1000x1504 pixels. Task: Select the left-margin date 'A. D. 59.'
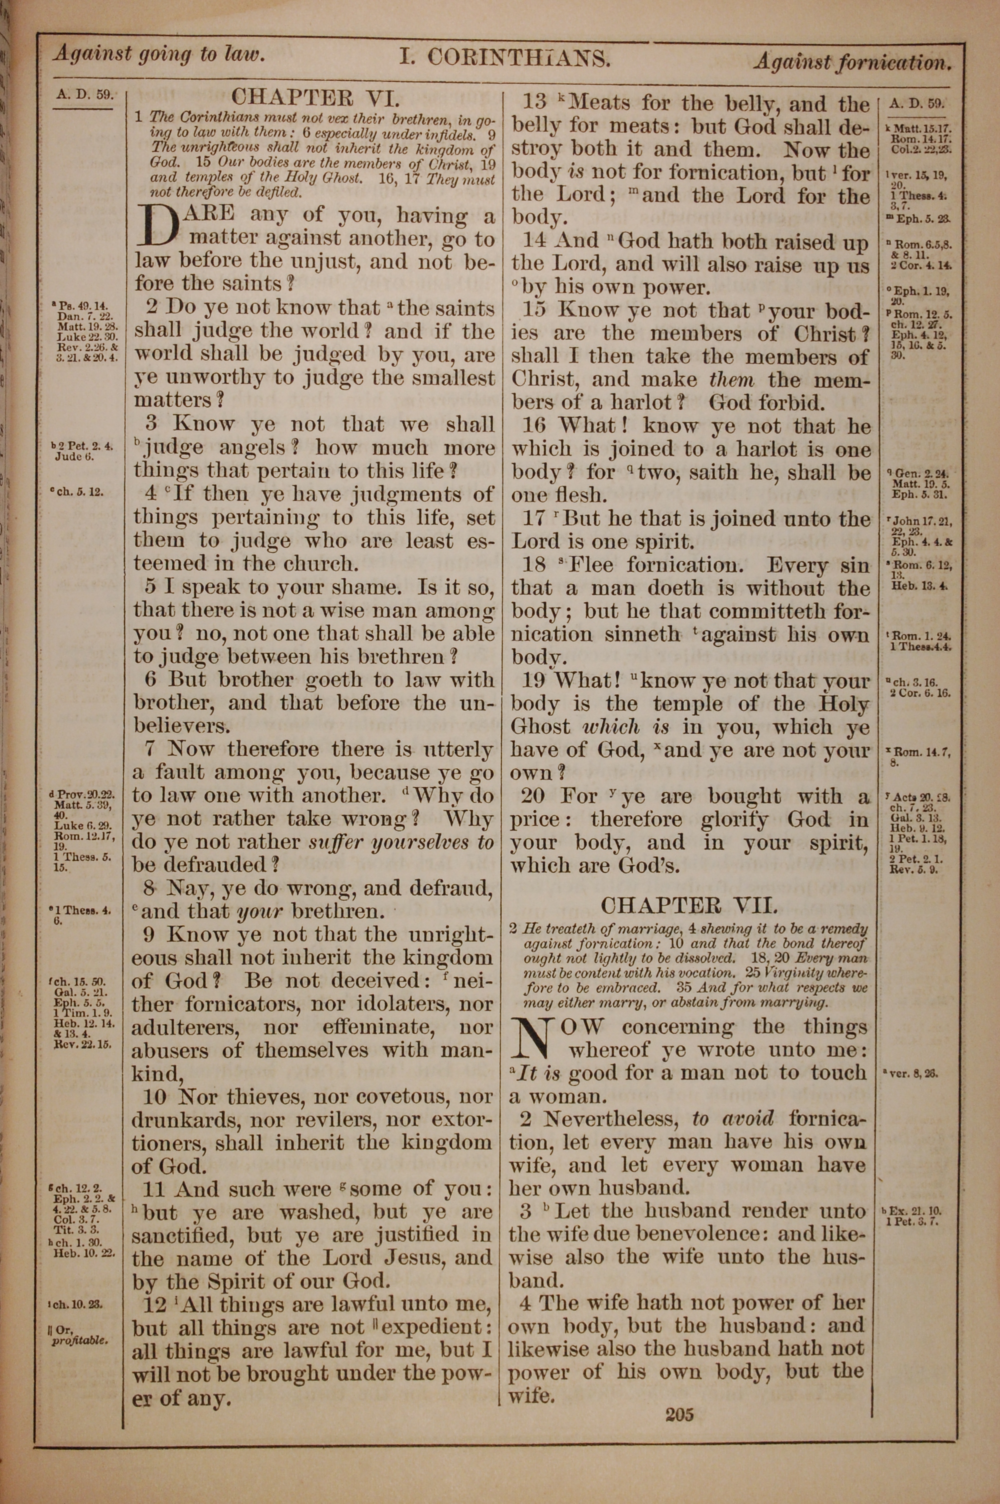84,95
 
